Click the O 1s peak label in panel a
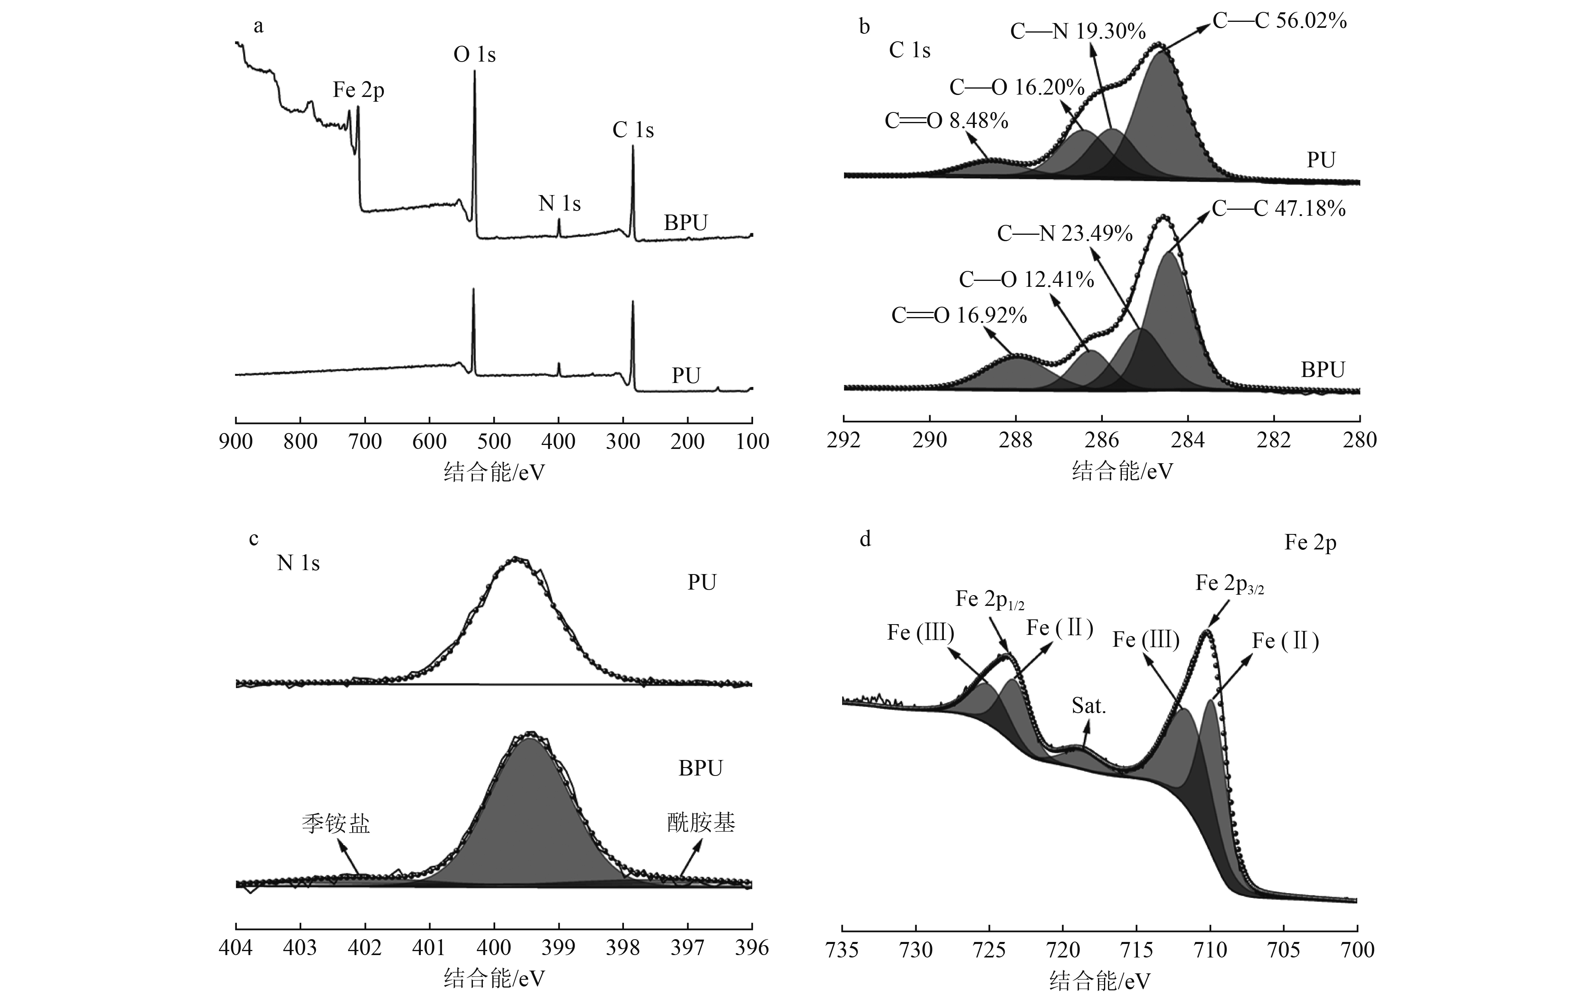[475, 55]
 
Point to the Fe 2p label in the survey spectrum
[358, 90]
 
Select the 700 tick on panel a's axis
[365, 441]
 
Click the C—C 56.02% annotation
[1280, 22]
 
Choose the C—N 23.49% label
[1065, 234]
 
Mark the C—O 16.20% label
[1017, 88]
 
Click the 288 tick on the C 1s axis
[1015, 440]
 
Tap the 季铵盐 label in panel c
[336, 824]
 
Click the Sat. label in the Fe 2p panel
[1089, 706]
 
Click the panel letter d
[865, 540]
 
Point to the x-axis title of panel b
[1122, 472]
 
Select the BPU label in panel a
[685, 223]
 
